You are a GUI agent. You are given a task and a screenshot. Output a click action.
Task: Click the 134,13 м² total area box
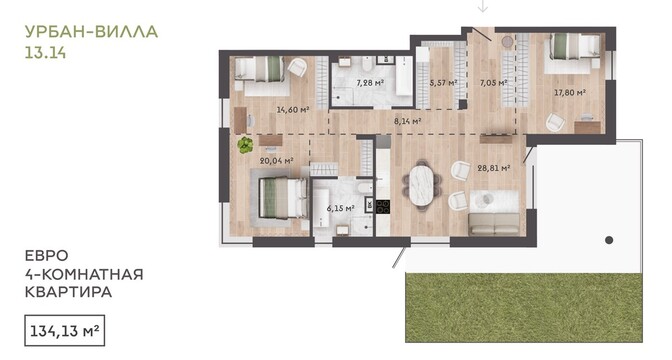[x=64, y=330]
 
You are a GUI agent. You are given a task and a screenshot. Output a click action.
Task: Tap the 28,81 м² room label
[x=494, y=168]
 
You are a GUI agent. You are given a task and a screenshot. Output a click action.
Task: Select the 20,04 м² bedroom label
[x=276, y=161]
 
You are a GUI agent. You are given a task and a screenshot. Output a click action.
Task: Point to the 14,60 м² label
[x=293, y=110]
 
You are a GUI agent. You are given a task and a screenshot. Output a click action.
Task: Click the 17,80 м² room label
[x=570, y=92]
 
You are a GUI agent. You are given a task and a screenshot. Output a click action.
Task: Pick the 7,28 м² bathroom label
[x=370, y=83]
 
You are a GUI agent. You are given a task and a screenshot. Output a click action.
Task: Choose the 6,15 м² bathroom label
[x=341, y=209]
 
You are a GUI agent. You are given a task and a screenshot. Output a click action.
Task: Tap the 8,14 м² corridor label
[x=408, y=121]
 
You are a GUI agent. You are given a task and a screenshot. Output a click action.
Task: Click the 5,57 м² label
[x=444, y=83]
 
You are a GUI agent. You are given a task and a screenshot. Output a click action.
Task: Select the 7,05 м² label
[x=494, y=83]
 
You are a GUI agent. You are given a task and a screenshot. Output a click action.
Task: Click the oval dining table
[x=423, y=185]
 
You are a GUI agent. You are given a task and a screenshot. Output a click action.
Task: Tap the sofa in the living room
[x=495, y=224]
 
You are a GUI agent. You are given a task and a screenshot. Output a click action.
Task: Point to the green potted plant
[x=245, y=145]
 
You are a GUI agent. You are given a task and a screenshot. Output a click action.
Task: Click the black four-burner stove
[x=383, y=207]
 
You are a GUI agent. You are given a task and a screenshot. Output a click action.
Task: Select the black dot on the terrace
[x=609, y=240]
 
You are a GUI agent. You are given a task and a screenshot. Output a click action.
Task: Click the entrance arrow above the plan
[x=483, y=6]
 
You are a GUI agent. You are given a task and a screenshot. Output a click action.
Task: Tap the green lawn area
[x=524, y=308]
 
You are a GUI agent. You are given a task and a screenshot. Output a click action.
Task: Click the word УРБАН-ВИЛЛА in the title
[x=91, y=32]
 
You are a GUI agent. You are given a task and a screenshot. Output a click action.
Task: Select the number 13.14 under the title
[x=45, y=53]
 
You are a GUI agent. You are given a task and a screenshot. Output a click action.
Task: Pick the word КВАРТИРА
[x=69, y=292]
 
